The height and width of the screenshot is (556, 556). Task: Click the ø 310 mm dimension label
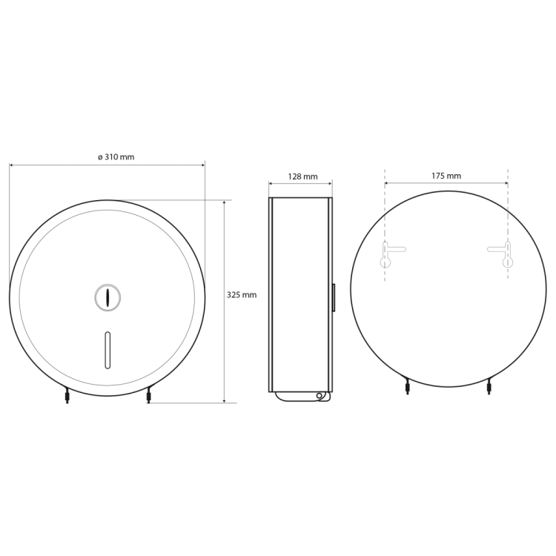coord(116,156)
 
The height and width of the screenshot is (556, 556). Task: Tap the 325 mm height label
coord(242,294)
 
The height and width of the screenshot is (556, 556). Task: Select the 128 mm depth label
coord(302,176)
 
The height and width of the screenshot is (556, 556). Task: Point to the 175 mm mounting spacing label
coord(446,176)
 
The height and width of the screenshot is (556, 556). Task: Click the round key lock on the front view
coord(107,297)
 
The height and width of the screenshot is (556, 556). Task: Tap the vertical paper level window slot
coord(107,350)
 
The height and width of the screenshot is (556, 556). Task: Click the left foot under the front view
coord(67,396)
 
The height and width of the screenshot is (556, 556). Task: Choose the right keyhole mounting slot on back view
coord(504,254)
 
